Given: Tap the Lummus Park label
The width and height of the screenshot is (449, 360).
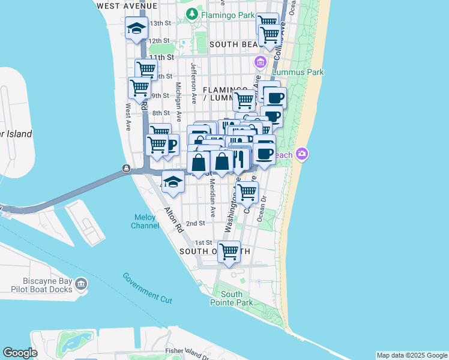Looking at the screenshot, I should [x=298, y=72].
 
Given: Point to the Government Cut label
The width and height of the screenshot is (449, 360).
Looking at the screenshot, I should [x=148, y=287].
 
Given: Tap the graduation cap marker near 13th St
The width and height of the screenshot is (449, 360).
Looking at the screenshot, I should [x=137, y=29].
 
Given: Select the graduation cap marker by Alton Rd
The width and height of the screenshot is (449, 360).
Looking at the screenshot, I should [x=173, y=182].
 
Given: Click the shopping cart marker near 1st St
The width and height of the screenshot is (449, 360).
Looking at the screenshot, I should [x=229, y=252].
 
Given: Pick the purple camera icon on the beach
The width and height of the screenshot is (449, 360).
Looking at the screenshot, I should [x=302, y=154].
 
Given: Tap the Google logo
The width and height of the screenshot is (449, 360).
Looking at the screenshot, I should [x=20, y=353].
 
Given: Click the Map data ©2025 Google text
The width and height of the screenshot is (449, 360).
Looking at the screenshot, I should [x=412, y=355].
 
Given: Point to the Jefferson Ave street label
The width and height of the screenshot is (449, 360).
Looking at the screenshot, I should [x=194, y=79].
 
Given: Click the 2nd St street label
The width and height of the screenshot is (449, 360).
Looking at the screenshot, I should [x=196, y=223].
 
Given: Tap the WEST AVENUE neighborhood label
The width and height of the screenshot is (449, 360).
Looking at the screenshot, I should [x=127, y=5].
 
